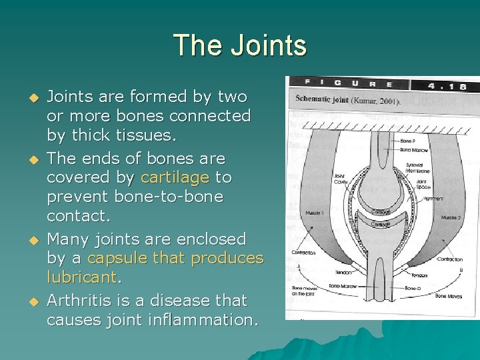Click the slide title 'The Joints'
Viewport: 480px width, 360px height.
tap(240, 46)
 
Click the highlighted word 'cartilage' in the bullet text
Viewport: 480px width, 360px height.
tap(175, 177)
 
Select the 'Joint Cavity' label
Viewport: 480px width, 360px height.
tap(340, 180)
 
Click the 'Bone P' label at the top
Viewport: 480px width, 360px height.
tap(407, 142)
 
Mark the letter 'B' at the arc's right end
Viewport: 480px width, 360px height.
tap(462, 270)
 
